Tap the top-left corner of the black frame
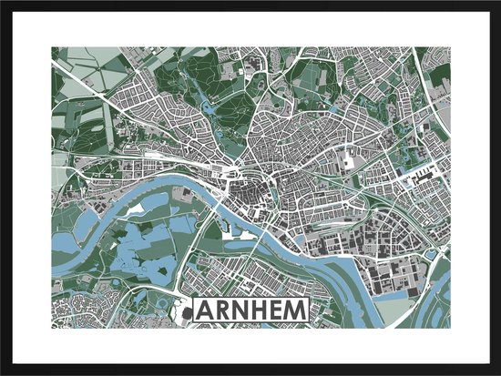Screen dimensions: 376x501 coord(3,3)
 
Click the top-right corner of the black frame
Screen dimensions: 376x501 coord(497,3)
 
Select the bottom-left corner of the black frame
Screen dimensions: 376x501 coord(3,372)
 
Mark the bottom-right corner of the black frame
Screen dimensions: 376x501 coord(497,372)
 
